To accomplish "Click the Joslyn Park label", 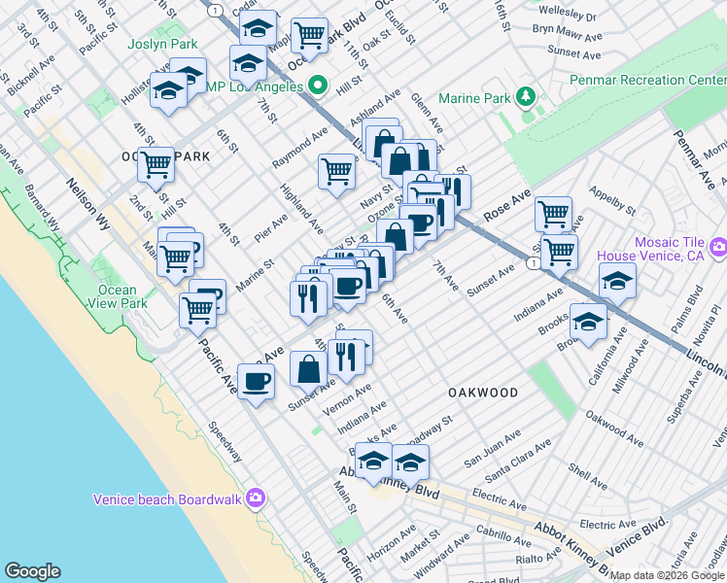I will coord(162,45).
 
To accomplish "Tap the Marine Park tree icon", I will coord(526,96).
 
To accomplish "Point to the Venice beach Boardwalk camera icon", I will coord(256,498).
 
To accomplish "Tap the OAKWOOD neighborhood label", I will coord(483,392).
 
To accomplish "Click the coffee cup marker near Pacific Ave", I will coord(256,380).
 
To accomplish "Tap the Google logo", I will coord(33,571).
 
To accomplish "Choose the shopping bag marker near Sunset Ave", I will coord(308,369).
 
